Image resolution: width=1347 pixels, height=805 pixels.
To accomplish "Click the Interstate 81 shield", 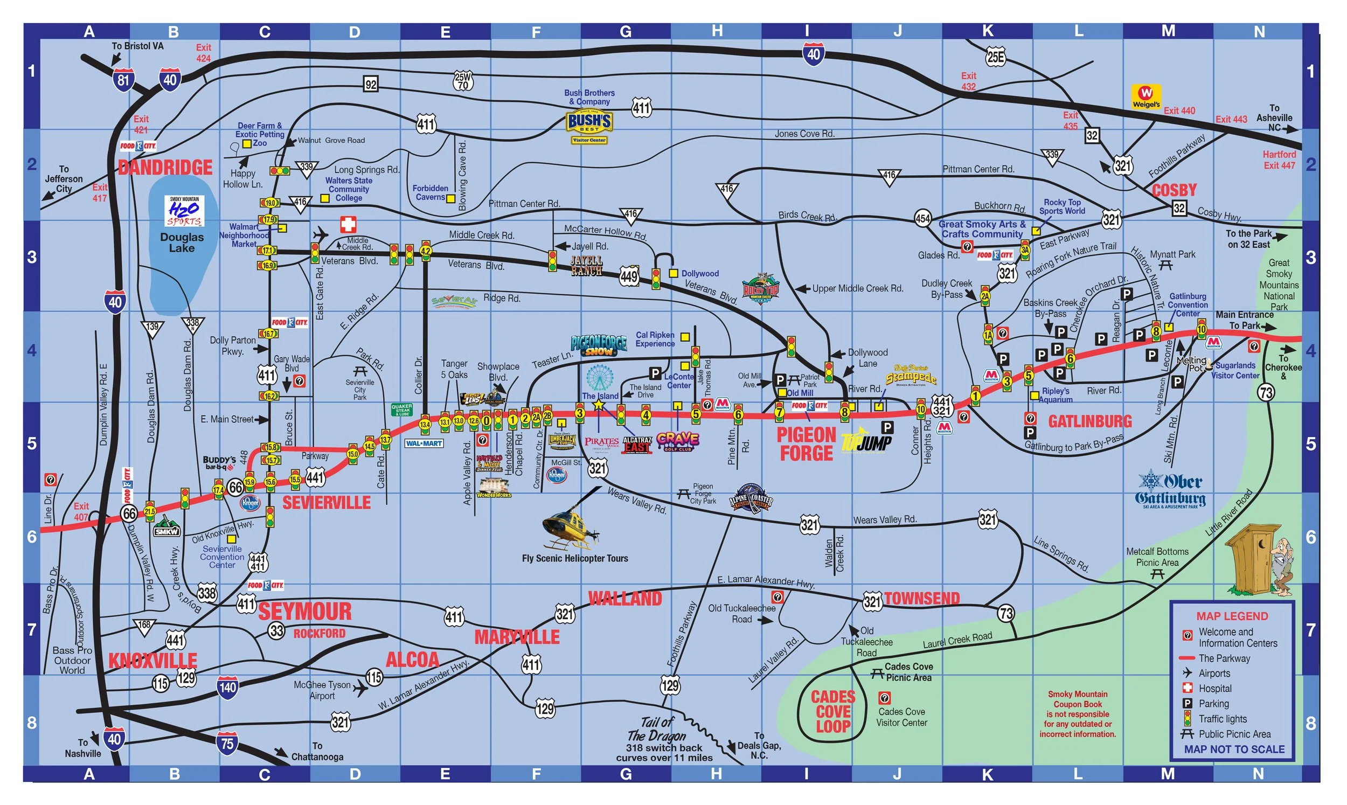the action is click(x=123, y=80).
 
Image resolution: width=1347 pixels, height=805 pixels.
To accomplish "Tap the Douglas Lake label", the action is click(x=182, y=242).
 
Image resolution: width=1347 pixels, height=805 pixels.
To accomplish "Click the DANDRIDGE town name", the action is click(x=165, y=167).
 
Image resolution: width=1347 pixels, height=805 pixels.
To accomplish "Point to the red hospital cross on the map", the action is click(x=348, y=225).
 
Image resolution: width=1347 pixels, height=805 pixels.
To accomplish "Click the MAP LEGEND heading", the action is click(x=1232, y=616).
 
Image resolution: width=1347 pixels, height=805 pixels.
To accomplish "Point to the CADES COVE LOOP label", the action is click(x=833, y=712).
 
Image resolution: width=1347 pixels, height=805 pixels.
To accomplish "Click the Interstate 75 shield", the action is click(x=227, y=742).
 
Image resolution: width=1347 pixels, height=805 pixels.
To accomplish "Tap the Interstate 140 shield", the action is click(x=227, y=687).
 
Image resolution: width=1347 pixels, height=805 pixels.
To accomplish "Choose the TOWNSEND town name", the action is click(x=922, y=598).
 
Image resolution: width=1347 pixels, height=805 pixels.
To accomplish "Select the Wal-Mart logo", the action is click(x=424, y=443).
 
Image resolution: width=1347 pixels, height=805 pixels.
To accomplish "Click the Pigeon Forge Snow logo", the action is click(x=598, y=344).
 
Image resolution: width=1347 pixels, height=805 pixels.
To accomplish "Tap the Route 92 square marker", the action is click(x=371, y=84).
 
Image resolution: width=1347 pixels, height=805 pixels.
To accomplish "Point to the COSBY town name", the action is click(x=1174, y=190).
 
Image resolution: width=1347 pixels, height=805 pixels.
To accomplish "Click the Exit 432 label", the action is click(x=969, y=81).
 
